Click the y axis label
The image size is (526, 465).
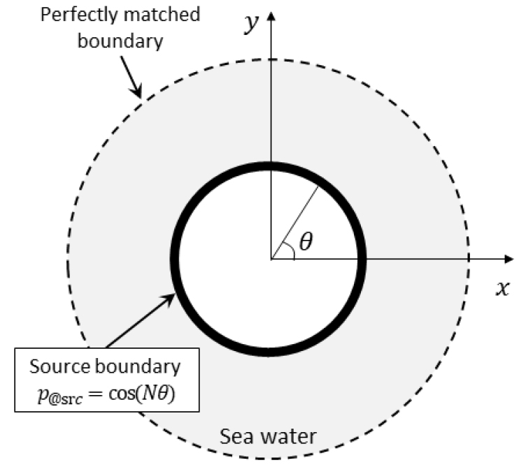click(x=252, y=23)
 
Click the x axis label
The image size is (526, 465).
click(x=502, y=288)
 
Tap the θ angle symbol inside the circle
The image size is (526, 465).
click(x=306, y=241)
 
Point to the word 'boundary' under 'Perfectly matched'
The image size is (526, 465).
click(x=120, y=41)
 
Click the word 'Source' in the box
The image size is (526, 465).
click(x=60, y=366)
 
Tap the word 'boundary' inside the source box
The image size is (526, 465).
click(x=138, y=366)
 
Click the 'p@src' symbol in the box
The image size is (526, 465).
click(x=59, y=396)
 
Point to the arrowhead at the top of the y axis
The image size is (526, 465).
click(x=271, y=16)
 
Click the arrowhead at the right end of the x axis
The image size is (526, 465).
click(x=509, y=259)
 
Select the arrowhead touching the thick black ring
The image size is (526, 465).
click(x=169, y=299)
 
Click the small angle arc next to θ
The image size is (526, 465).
click(x=290, y=250)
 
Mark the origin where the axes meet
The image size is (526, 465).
click(x=271, y=259)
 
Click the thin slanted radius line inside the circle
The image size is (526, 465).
click(x=294, y=222)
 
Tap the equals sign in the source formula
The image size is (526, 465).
click(x=95, y=394)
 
